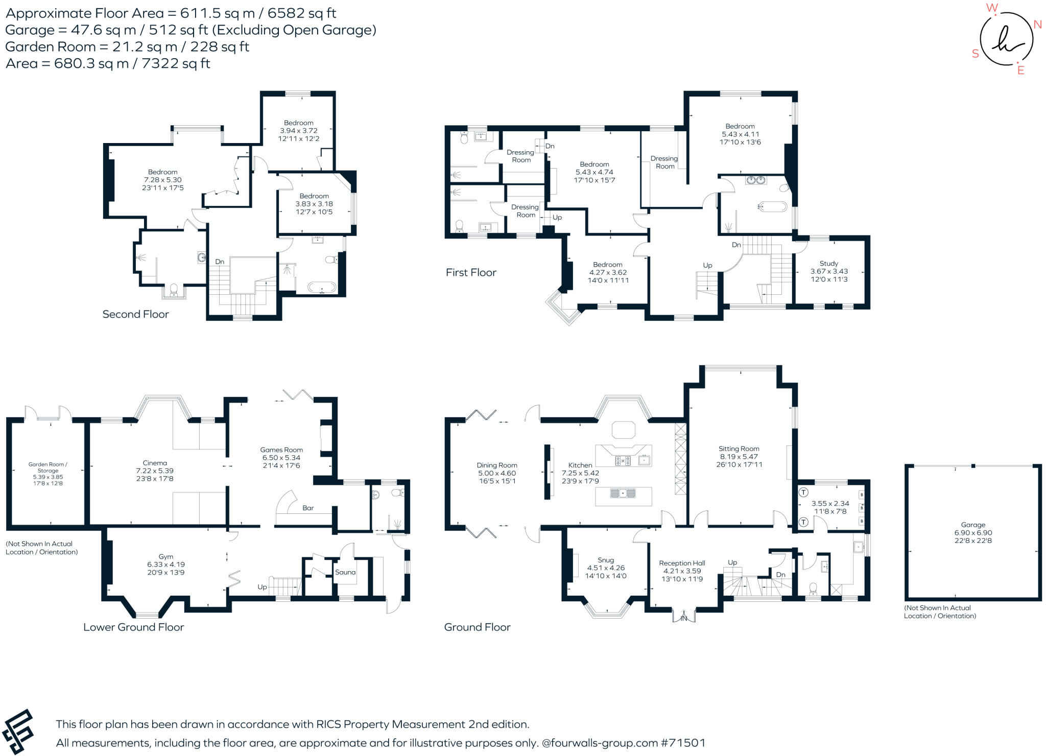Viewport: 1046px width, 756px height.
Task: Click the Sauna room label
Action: point(345,572)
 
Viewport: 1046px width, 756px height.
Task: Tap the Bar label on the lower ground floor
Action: point(308,508)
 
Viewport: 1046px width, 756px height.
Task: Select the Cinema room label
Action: point(155,463)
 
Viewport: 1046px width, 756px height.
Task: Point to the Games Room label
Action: point(281,450)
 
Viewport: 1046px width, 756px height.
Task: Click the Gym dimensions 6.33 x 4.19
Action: point(166,564)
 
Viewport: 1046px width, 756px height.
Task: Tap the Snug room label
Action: point(606,560)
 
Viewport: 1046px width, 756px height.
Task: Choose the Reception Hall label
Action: point(682,563)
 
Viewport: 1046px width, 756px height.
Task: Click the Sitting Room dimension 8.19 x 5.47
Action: point(739,457)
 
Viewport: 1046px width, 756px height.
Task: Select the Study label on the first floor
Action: point(829,264)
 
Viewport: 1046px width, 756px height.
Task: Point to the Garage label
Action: point(973,525)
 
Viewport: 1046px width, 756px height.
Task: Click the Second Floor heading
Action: point(135,314)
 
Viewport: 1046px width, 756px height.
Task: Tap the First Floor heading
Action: point(471,272)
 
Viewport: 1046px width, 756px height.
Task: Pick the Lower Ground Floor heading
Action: point(134,627)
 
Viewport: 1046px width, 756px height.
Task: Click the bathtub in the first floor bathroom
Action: point(773,206)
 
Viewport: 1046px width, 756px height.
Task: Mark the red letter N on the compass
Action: point(1037,25)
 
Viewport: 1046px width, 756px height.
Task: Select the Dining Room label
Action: point(497,465)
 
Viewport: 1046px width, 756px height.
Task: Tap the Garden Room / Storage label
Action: point(48,467)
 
